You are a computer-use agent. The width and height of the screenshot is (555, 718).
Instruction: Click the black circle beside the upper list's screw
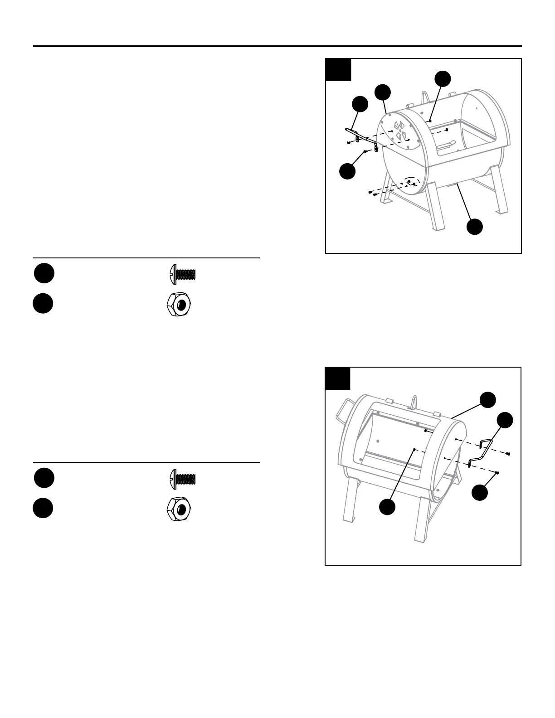click(x=44, y=273)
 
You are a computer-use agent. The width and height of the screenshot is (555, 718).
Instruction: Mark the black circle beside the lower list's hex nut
click(x=43, y=509)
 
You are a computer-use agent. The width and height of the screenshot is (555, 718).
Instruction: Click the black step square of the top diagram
click(x=338, y=69)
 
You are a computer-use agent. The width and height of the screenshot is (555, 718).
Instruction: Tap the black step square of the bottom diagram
click(x=338, y=378)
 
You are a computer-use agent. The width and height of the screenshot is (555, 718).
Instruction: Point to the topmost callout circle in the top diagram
click(x=443, y=78)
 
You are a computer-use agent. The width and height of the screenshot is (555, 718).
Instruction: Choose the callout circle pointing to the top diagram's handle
click(x=360, y=104)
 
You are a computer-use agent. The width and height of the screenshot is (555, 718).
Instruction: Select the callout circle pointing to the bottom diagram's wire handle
click(x=505, y=420)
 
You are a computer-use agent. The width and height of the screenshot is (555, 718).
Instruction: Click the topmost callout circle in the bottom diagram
click(x=487, y=399)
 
